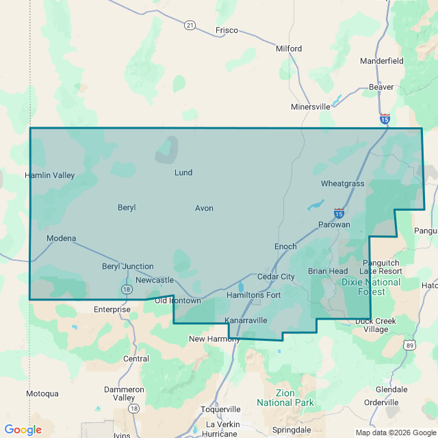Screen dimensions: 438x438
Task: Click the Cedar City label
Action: coord(276,276)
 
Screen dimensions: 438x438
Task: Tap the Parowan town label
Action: coord(334,224)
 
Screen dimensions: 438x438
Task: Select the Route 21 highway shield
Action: coord(190,25)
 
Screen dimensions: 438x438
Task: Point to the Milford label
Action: coord(289,49)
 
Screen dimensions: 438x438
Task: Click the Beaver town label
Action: coord(381,87)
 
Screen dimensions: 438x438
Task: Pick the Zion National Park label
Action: coord(285,398)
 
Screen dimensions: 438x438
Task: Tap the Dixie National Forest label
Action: coord(370,287)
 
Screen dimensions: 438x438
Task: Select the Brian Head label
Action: coord(328,271)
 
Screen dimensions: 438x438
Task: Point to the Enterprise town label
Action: coord(112,309)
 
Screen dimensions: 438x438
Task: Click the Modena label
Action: coord(61,238)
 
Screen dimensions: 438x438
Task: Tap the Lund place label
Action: coord(183,172)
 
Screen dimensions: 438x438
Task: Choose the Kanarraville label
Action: coord(246,320)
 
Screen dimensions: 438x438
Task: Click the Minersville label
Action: coord(311,107)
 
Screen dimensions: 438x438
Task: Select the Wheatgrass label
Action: coord(343,183)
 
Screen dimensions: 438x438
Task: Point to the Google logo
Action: coord(23,430)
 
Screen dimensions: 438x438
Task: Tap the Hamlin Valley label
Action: coord(50,175)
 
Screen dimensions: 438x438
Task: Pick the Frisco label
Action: coord(227,30)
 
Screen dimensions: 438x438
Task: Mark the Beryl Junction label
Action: coord(128,266)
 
